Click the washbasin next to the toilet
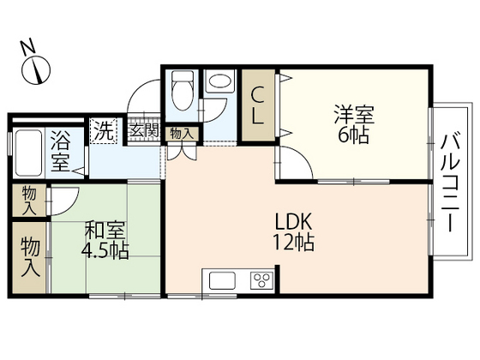click(219, 82)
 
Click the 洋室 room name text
click(352, 114)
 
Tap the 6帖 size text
click(352, 135)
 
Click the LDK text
click(291, 220)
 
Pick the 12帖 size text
click(292, 242)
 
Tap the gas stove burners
click(261, 281)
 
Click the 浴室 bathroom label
click(60, 149)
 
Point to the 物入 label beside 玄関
click(181, 133)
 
